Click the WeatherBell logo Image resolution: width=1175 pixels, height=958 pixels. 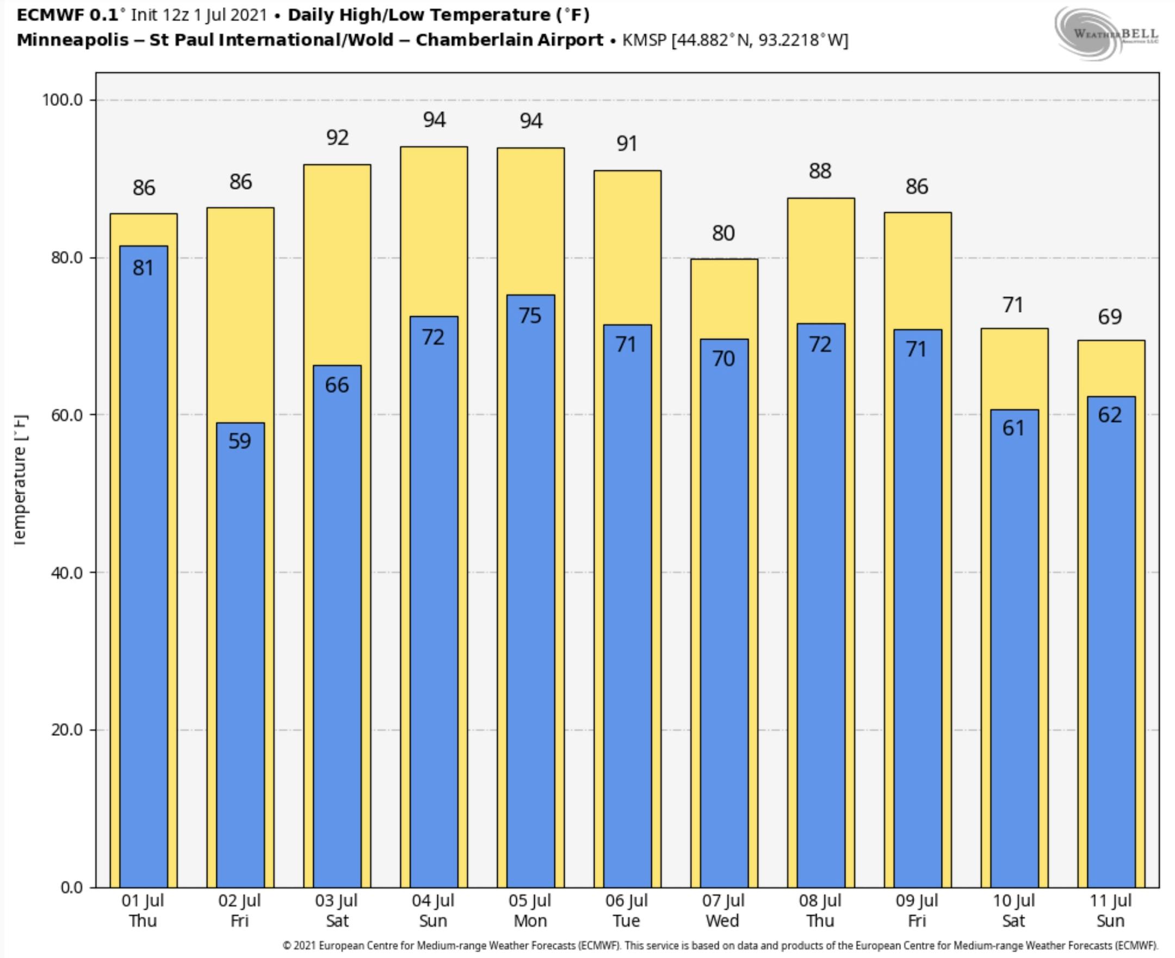pyautogui.click(x=1106, y=33)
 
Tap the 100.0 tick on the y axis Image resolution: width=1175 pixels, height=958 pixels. pyautogui.click(x=63, y=100)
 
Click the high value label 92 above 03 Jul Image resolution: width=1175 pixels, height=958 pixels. pyautogui.click(x=337, y=138)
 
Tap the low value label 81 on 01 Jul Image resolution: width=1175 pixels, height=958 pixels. pyautogui.click(x=143, y=268)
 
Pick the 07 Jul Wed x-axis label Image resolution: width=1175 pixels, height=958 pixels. pyautogui.click(x=723, y=911)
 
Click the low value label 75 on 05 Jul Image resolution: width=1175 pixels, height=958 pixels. pyautogui.click(x=530, y=316)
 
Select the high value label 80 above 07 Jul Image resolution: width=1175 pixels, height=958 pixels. pyautogui.click(x=723, y=233)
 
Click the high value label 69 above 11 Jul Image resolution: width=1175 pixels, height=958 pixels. pyautogui.click(x=1110, y=317)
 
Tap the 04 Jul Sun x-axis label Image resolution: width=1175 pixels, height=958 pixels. pyautogui.click(x=433, y=911)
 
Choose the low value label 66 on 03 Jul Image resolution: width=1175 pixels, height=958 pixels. pyautogui.click(x=337, y=385)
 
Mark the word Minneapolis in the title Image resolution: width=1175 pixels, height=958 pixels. pyautogui.click(x=72, y=40)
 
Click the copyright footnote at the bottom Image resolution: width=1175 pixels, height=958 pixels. pyautogui.click(x=720, y=946)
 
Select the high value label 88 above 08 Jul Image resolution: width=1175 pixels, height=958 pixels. pyautogui.click(x=820, y=171)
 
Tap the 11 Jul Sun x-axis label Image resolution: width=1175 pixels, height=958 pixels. pyautogui.click(x=1110, y=911)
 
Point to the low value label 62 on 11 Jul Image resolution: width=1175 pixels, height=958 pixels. pyautogui.click(x=1110, y=415)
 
